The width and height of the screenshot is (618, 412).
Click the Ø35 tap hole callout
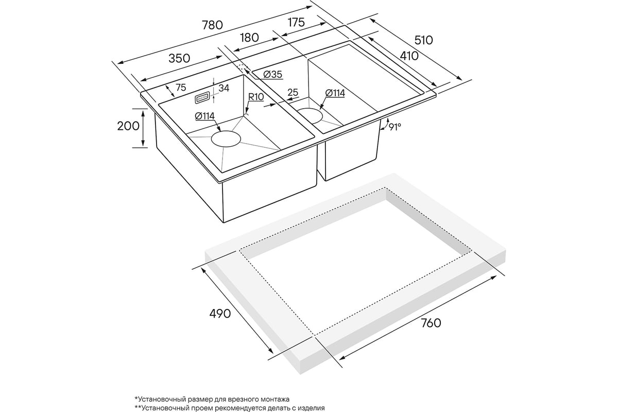[x=272, y=75]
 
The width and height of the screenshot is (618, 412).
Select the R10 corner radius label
[x=256, y=96]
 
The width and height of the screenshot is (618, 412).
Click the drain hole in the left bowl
[x=226, y=139]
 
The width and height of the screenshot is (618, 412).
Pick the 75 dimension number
[x=180, y=88]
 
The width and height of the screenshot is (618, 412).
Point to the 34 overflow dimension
[x=224, y=88]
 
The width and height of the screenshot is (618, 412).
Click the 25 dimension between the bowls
[x=293, y=93]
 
